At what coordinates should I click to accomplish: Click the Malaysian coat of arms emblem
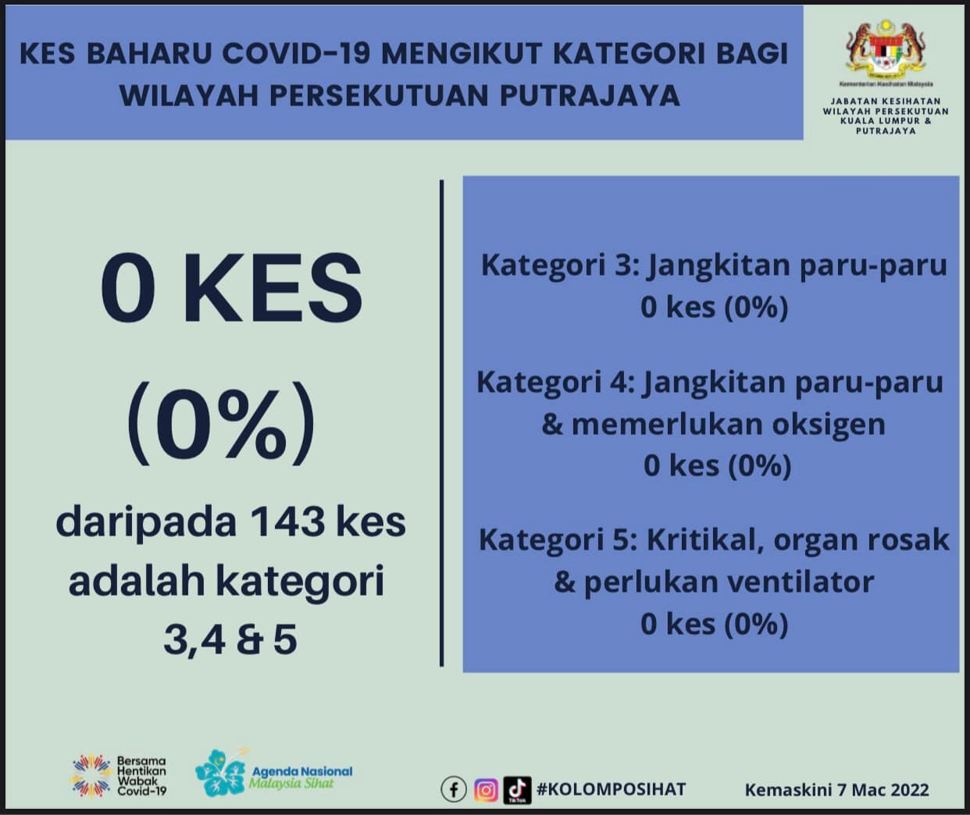[x=886, y=48]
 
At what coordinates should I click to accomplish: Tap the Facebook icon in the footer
[x=454, y=790]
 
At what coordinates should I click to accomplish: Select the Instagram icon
[x=486, y=790]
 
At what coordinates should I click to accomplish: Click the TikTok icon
[x=517, y=790]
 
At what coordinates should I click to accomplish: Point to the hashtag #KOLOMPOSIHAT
[x=611, y=789]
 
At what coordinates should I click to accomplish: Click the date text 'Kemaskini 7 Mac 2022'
[x=836, y=790]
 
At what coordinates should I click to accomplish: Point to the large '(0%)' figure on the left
[x=221, y=424]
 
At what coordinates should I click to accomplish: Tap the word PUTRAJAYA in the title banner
[x=590, y=95]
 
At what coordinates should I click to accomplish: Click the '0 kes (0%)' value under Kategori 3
[x=714, y=308]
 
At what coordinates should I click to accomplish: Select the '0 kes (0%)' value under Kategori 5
[x=714, y=624]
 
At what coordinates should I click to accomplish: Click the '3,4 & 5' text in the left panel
[x=230, y=640]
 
